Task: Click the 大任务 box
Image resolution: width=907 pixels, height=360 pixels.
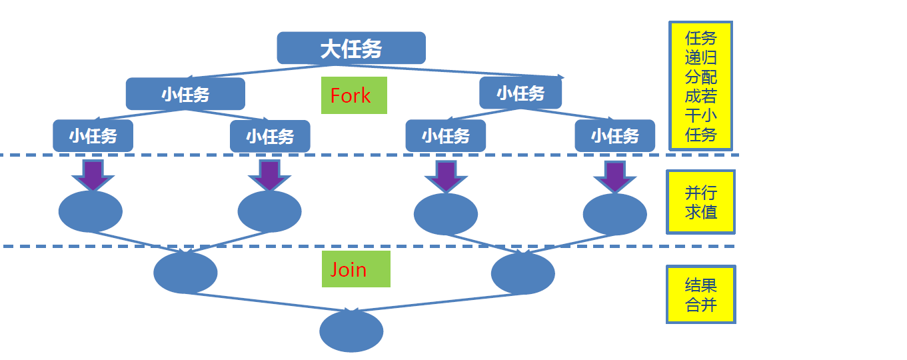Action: tap(351, 48)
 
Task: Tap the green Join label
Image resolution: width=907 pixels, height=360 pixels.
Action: tap(355, 269)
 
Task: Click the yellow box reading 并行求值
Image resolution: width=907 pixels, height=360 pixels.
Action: tap(700, 202)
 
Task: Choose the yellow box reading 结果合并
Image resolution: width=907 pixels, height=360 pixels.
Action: tap(700, 295)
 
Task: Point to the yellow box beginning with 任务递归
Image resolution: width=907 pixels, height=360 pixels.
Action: tap(700, 86)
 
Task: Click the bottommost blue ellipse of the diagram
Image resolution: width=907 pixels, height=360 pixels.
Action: tap(351, 331)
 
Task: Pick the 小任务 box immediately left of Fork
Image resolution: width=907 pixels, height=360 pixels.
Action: tap(185, 94)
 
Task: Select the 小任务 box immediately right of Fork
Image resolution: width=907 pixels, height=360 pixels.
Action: tap(520, 93)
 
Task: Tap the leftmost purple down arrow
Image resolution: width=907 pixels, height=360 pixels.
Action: tap(93, 175)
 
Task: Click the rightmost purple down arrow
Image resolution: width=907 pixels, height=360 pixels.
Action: tap(614, 176)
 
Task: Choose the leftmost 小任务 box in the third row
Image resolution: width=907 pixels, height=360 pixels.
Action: tap(93, 136)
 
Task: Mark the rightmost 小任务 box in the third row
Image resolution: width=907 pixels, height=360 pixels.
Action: tap(615, 136)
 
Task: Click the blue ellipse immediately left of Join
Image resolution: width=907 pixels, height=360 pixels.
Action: tap(185, 273)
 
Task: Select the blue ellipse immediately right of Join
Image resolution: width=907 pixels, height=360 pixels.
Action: tap(522, 273)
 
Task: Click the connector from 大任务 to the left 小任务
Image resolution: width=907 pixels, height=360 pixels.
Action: tap(253, 71)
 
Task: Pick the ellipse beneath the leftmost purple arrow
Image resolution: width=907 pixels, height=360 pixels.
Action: tap(91, 211)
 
